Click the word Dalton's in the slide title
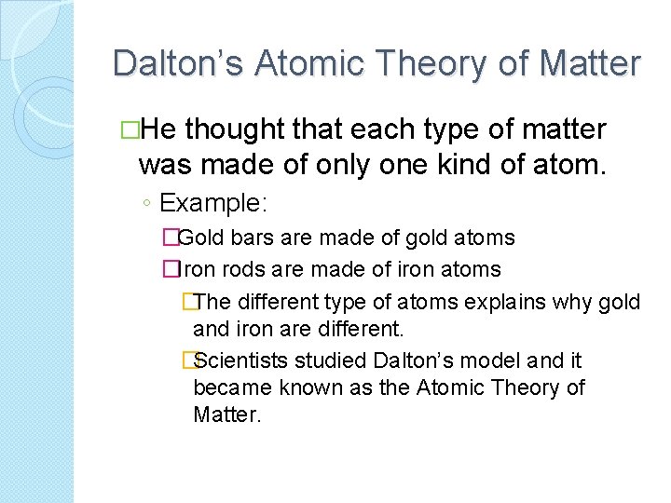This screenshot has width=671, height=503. [176, 63]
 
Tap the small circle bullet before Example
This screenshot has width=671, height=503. [146, 204]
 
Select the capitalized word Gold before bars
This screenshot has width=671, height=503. [199, 238]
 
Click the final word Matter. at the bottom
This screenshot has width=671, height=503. [227, 415]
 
